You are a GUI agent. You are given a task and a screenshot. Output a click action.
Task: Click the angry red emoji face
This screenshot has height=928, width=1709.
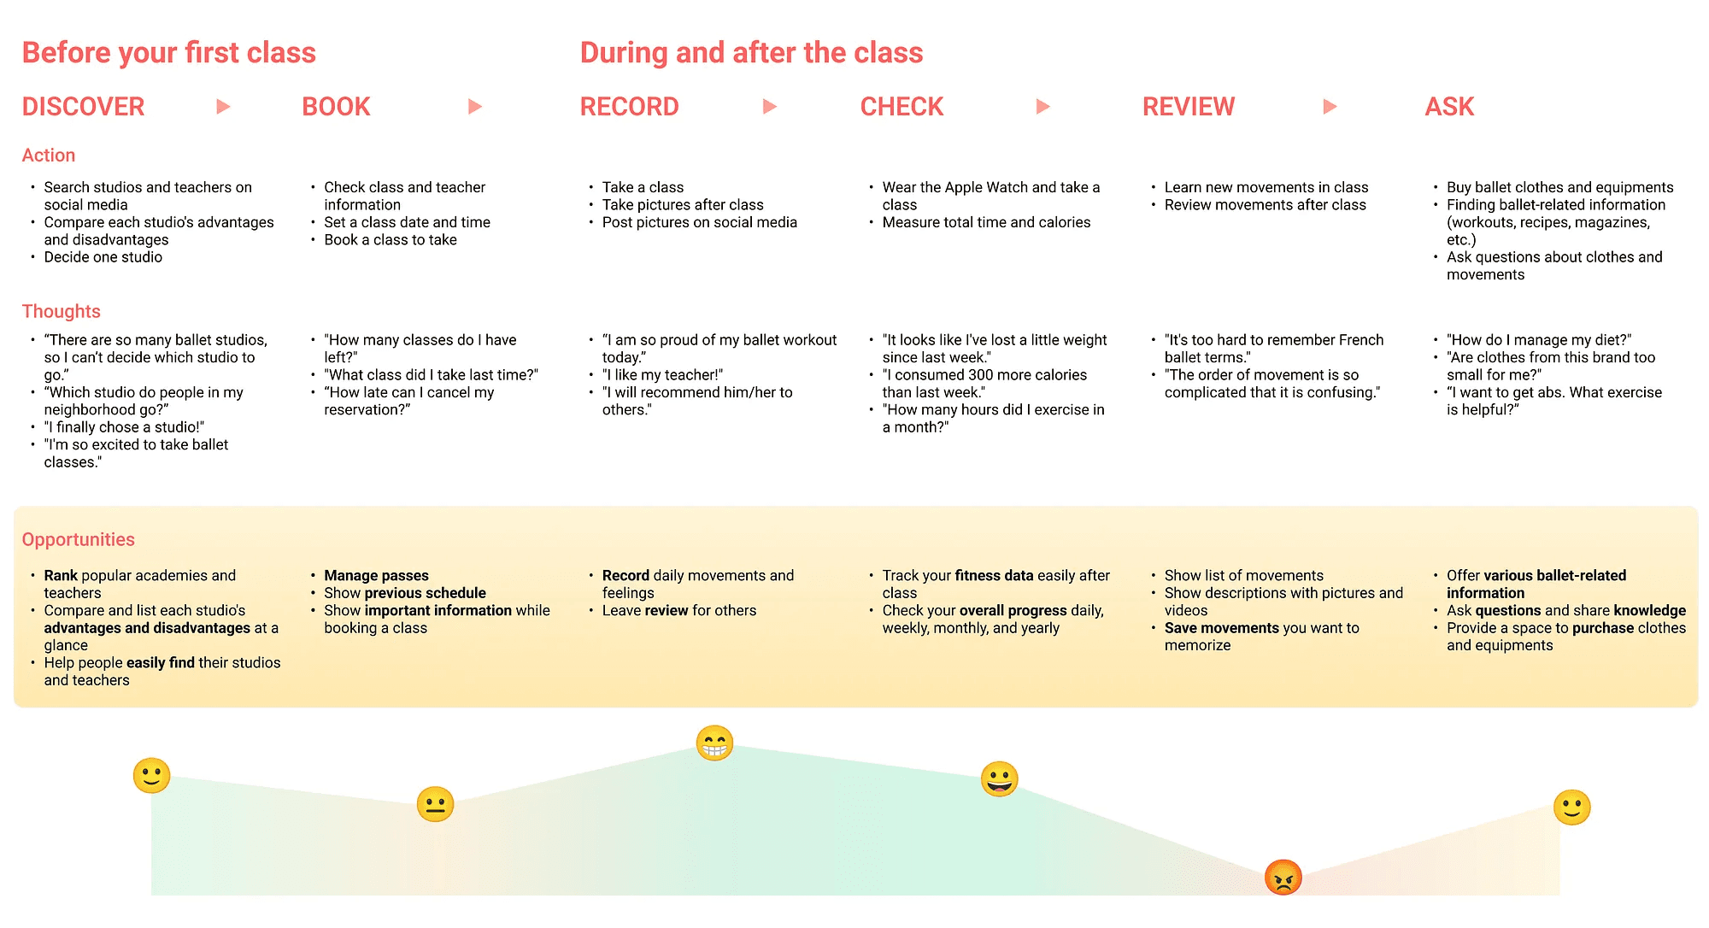(x=1283, y=878)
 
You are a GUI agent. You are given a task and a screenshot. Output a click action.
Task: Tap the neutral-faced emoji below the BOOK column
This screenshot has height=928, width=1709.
(x=435, y=804)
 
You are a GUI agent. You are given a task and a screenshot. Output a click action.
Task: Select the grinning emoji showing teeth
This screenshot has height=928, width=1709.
(x=714, y=743)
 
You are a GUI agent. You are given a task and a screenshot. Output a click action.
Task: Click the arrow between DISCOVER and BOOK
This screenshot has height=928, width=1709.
(x=223, y=107)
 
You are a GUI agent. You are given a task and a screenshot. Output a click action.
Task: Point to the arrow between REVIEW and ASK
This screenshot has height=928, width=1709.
(x=1330, y=107)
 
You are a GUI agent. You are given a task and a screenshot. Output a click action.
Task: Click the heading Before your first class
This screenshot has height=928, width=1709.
(x=168, y=53)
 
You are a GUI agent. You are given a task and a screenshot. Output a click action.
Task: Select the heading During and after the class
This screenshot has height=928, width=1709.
(x=751, y=53)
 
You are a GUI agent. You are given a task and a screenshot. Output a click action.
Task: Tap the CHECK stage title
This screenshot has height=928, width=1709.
(x=901, y=107)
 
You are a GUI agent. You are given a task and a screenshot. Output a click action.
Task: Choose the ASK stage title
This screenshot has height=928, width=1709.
(x=1449, y=107)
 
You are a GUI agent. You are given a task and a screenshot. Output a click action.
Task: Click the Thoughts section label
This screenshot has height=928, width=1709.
(x=61, y=311)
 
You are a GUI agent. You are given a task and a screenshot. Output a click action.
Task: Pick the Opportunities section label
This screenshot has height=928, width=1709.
(x=78, y=539)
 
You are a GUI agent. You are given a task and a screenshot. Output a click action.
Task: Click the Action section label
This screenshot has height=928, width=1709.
(x=48, y=156)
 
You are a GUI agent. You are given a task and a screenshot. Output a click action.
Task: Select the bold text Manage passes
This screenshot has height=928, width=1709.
(x=376, y=576)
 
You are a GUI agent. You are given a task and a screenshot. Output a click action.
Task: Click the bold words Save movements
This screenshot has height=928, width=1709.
(x=1221, y=628)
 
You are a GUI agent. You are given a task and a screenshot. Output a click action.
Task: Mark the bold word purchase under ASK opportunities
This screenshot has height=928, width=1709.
(x=1603, y=628)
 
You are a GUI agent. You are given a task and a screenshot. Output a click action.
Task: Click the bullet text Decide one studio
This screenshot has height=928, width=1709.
(x=103, y=257)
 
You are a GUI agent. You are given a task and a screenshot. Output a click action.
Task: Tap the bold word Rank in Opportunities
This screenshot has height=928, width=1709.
(x=61, y=576)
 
